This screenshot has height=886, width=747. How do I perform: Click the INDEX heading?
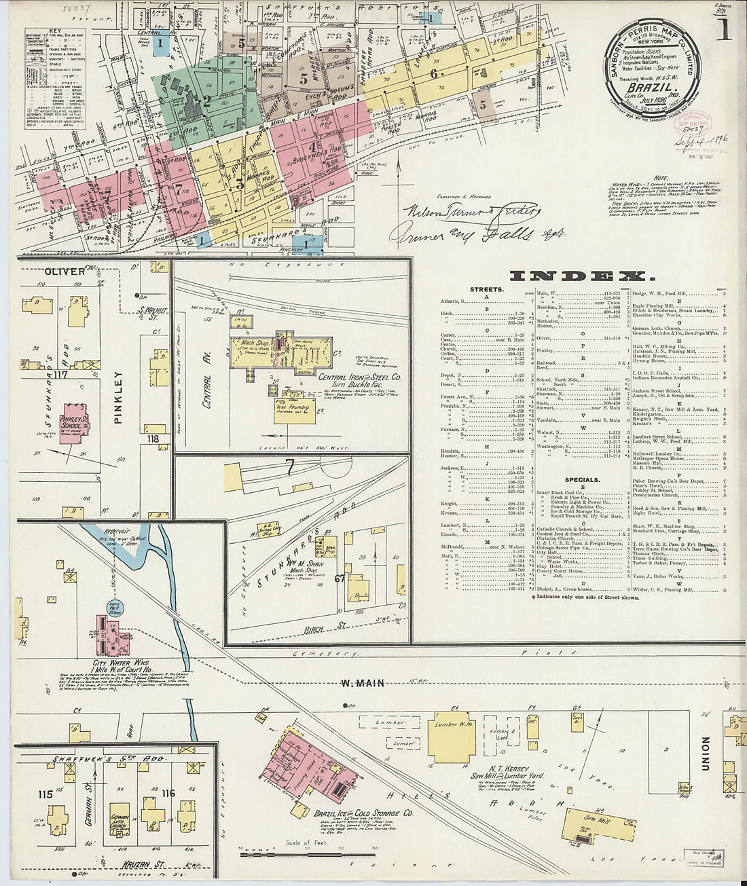582,276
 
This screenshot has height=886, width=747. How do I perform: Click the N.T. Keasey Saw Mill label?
503,772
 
